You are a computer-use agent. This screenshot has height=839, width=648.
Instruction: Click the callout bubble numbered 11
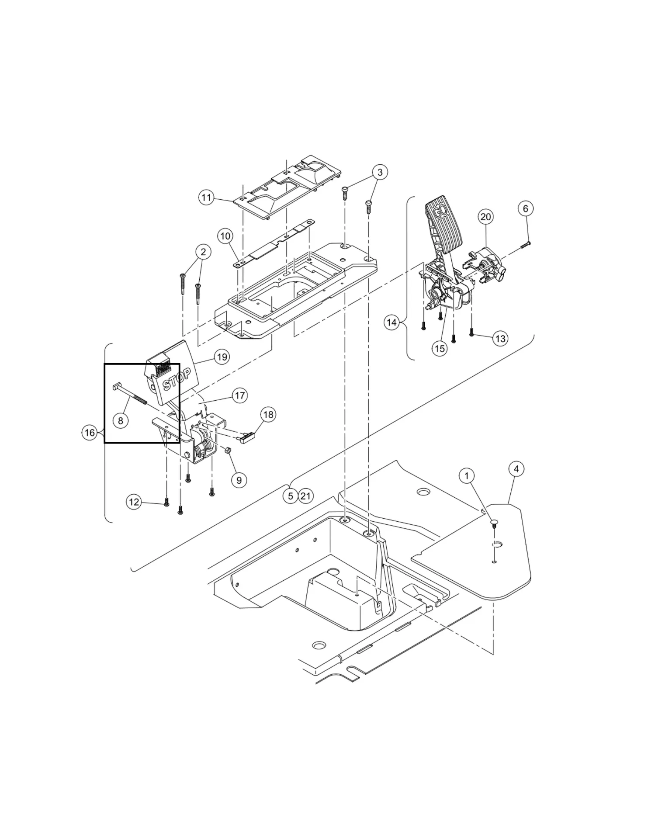coord(206,198)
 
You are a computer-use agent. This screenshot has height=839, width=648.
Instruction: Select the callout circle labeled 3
coord(380,172)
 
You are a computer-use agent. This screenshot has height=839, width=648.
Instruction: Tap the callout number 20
coord(485,216)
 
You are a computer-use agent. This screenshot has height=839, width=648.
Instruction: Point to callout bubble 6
coord(526,208)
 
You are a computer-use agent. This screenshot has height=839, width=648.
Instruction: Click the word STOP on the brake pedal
coord(177,379)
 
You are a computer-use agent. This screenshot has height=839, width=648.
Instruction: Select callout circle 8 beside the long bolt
coord(121,420)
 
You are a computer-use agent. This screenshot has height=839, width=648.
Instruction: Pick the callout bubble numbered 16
coord(90,433)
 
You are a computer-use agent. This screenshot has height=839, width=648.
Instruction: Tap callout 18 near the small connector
coord(268,414)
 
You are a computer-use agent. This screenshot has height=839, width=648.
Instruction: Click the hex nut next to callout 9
coord(228,450)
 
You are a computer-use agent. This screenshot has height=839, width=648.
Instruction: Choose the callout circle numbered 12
coord(134,502)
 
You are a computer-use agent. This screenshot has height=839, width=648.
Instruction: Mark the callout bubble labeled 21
coord(305,496)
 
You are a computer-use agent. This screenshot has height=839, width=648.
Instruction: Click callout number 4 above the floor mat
coord(516,469)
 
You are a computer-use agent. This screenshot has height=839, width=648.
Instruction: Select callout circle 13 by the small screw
coord(500,338)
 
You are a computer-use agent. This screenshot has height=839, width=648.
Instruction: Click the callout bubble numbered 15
coord(440,348)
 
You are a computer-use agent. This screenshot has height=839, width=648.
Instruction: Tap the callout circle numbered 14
coord(392,322)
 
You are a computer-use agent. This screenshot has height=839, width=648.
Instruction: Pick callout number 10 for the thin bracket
coord(225,236)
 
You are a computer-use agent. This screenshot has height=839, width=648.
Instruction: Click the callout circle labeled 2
coord(203,252)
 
